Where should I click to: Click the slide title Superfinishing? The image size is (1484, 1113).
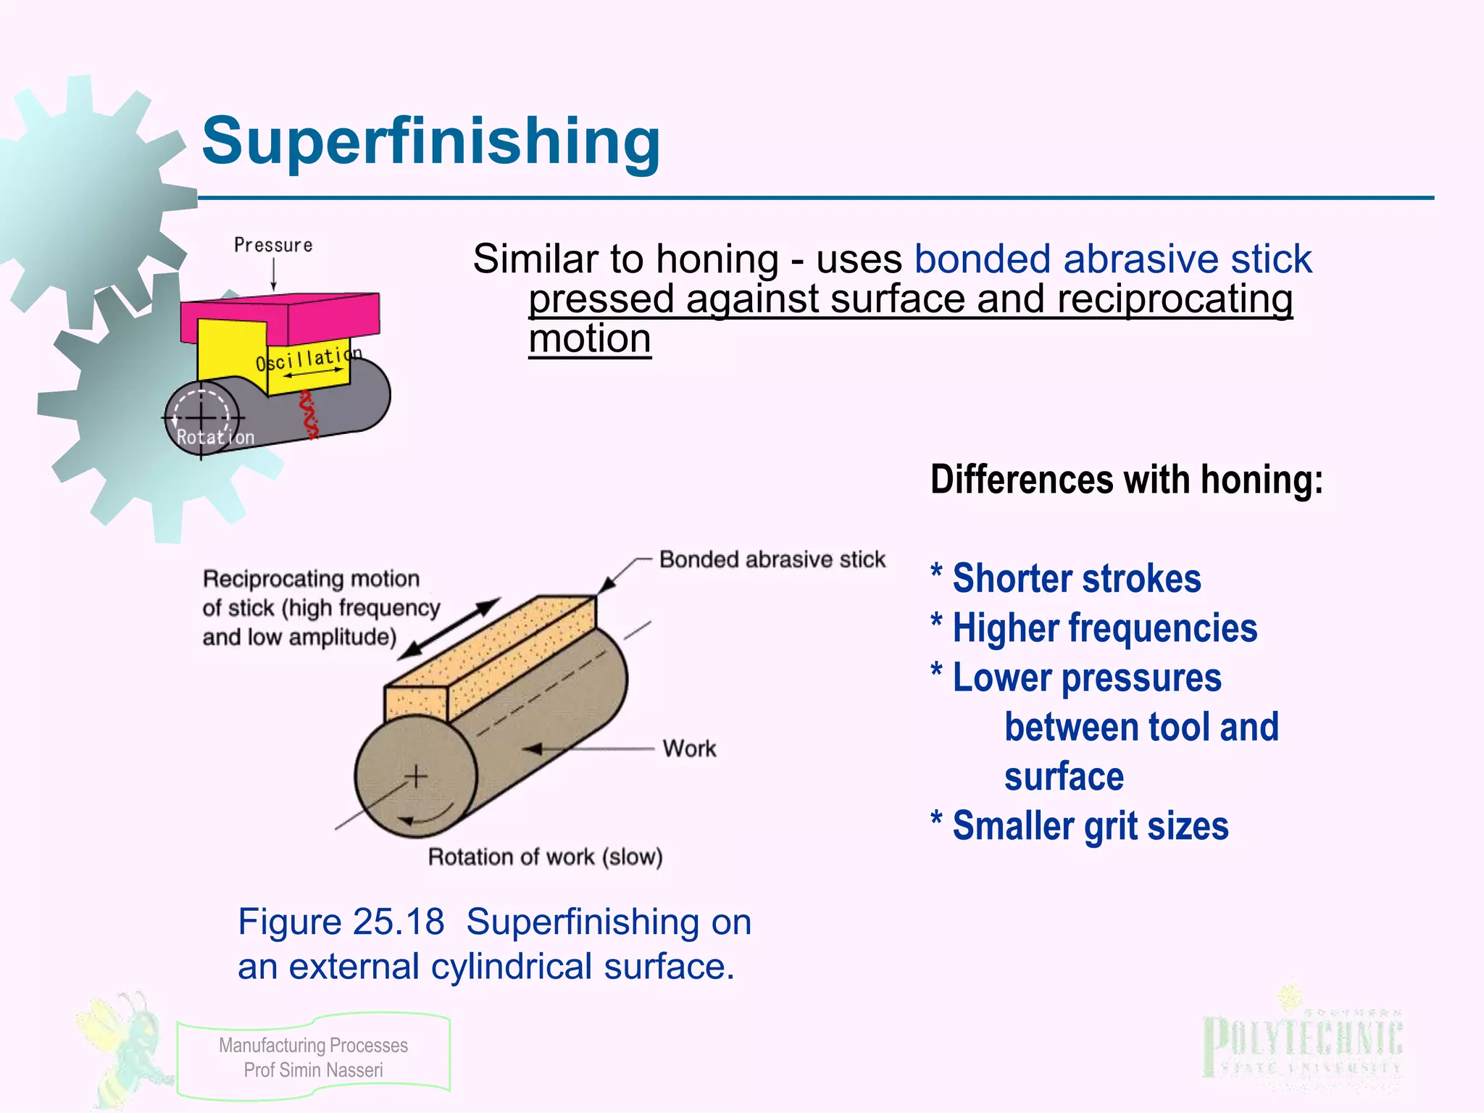pyautogui.click(x=430, y=141)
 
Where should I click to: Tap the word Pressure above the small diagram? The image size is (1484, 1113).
pyautogui.click(x=273, y=245)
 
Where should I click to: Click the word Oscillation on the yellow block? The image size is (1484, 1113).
pyautogui.click(x=308, y=358)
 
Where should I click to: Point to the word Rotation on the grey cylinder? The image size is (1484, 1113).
pyautogui.click(x=215, y=437)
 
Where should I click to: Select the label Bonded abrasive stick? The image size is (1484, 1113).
pyautogui.click(x=772, y=559)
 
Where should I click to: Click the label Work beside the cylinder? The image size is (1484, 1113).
pyautogui.click(x=689, y=748)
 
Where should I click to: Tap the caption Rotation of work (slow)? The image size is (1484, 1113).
pyautogui.click(x=545, y=856)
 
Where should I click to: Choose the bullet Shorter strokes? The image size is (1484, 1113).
pyautogui.click(x=1076, y=578)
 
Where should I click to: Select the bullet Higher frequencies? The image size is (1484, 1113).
pyautogui.click(x=1104, y=628)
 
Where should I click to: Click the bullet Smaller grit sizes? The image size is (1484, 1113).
pyautogui.click(x=1090, y=826)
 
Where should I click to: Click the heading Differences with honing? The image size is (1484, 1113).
pyautogui.click(x=1126, y=480)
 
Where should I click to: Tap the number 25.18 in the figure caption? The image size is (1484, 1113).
pyautogui.click(x=398, y=922)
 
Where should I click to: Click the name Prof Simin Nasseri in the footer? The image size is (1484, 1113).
pyautogui.click(x=313, y=1070)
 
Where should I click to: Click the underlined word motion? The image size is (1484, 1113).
pyautogui.click(x=590, y=338)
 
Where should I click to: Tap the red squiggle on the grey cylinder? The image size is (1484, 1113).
pyautogui.click(x=309, y=415)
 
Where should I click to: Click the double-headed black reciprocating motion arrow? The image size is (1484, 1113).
pyautogui.click(x=449, y=628)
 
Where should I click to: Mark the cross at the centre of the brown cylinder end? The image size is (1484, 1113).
pyautogui.click(x=416, y=776)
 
